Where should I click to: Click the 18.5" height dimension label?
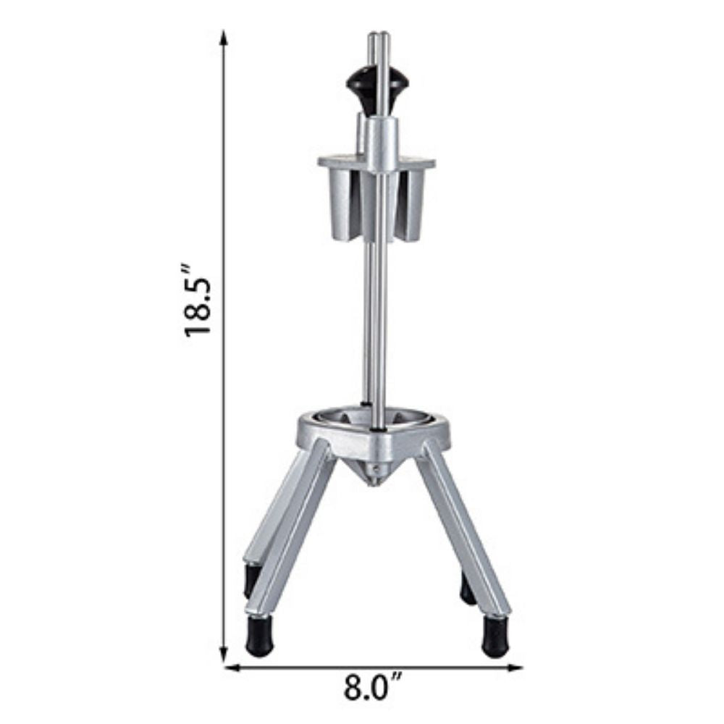click(x=198, y=300)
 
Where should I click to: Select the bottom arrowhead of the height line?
click(x=224, y=654)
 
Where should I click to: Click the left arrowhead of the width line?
click(x=232, y=668)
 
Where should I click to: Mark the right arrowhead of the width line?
click(x=514, y=668)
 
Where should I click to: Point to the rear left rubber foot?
click(x=252, y=579)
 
